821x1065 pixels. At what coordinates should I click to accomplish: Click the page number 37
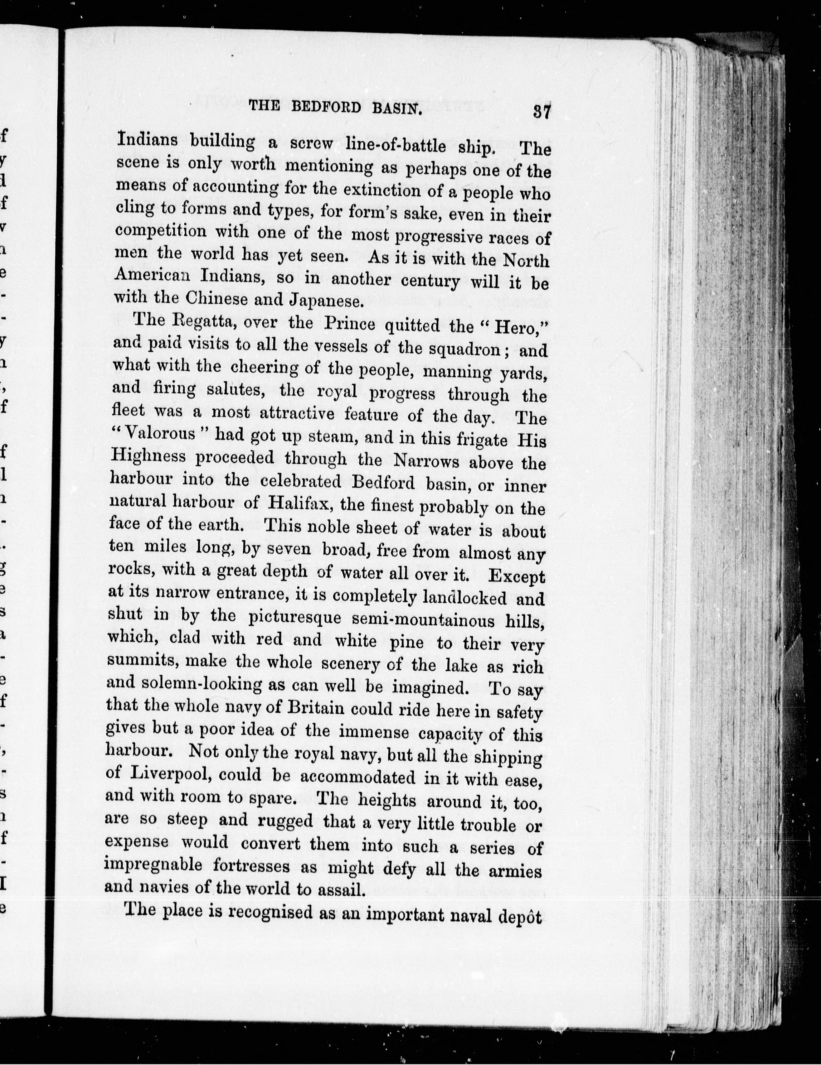(x=542, y=112)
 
